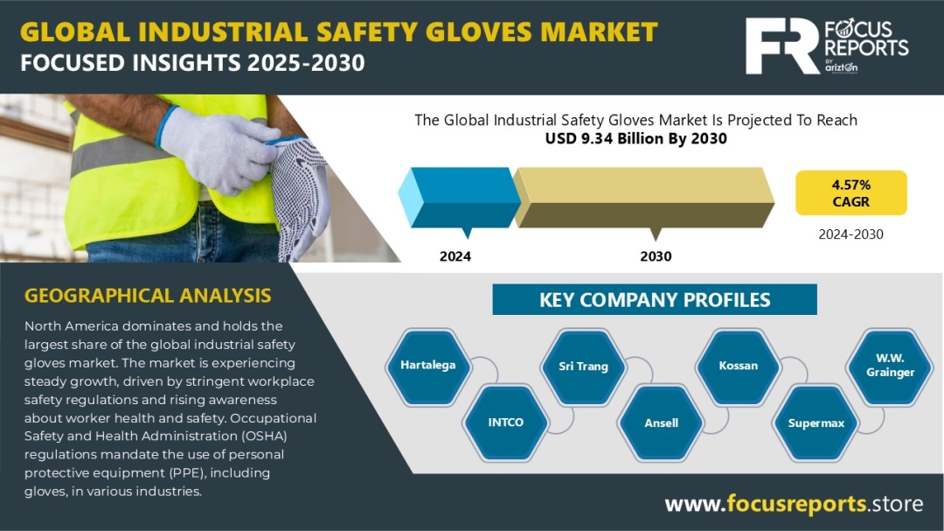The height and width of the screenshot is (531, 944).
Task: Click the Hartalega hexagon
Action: tap(428, 366)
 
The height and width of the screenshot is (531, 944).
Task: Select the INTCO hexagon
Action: tap(506, 423)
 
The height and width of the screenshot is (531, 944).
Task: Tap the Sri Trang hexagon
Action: tap(583, 366)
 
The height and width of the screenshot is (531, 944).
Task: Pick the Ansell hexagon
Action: tap(661, 423)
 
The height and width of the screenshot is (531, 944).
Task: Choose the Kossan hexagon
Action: tap(738, 366)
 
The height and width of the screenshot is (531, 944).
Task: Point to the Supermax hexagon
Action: tap(816, 423)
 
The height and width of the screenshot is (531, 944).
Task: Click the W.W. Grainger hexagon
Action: tap(890, 366)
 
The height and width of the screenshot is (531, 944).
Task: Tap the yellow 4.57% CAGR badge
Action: tap(850, 192)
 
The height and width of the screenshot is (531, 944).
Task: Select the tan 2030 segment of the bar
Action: tap(643, 198)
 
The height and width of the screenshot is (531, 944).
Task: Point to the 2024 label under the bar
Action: tap(455, 256)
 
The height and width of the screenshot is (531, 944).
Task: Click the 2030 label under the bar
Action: tap(656, 256)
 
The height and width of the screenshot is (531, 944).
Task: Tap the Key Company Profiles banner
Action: tap(655, 299)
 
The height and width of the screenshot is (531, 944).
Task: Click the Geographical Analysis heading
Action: tap(148, 296)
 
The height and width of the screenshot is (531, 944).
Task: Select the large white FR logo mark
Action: tap(782, 45)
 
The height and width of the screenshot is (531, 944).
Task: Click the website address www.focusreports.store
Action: tap(794, 503)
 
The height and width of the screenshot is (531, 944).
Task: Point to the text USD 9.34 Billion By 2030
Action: tap(635, 138)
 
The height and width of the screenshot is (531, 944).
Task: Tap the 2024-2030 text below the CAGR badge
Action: tap(850, 234)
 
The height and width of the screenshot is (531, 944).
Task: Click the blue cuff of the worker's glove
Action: tap(166, 127)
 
